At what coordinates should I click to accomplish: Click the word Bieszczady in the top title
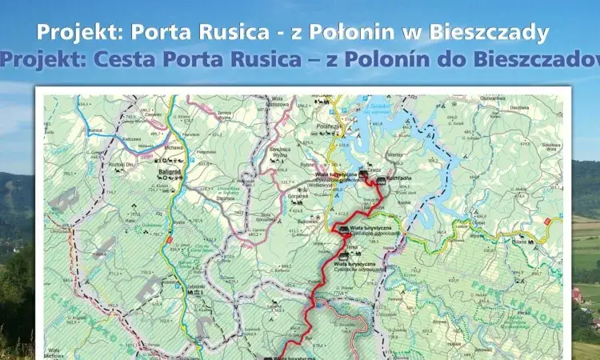pos(490,33)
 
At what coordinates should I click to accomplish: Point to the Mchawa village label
pos(174,147)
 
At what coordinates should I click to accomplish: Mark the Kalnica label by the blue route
pos(98,129)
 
